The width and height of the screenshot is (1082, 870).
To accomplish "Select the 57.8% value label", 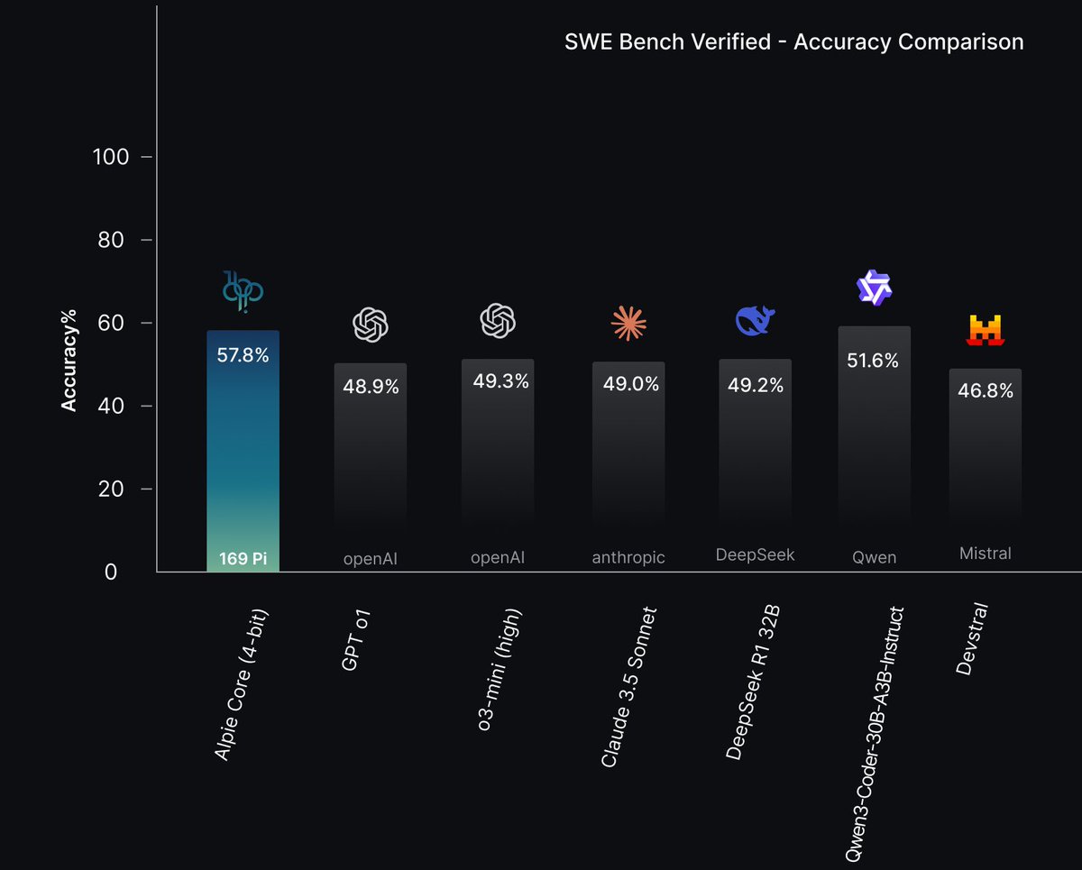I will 243,355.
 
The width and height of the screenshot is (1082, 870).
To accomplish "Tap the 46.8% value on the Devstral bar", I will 986,391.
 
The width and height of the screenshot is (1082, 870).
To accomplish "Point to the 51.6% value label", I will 873,361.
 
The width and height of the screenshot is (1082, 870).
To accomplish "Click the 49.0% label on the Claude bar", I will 629,384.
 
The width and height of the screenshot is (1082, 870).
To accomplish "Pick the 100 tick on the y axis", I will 111,157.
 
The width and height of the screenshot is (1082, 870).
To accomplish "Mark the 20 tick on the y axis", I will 119,490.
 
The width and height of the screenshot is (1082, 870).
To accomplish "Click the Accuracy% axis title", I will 69,361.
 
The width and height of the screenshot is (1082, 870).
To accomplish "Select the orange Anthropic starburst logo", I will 628,323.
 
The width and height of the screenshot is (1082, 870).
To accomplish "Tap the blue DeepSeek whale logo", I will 755,321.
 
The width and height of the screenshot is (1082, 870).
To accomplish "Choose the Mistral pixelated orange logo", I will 986,331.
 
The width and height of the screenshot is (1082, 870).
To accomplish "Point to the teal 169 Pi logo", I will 243,290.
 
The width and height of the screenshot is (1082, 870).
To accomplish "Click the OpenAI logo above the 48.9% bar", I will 371,325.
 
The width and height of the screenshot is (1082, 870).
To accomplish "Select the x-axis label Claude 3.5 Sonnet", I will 628,688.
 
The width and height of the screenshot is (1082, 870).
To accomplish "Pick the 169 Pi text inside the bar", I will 243,559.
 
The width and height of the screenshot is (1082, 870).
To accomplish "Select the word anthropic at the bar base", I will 628,558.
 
